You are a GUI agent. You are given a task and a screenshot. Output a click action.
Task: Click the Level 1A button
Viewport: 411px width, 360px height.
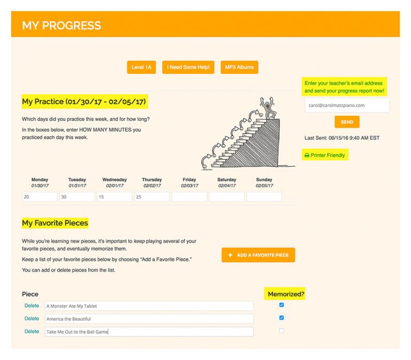[x=142, y=67]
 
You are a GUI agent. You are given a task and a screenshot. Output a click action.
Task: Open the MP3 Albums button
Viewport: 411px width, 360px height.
[x=239, y=67]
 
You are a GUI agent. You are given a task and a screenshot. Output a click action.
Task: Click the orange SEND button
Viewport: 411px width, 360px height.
[x=347, y=122]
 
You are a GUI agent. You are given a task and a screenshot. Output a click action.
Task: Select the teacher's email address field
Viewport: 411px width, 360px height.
[x=347, y=106]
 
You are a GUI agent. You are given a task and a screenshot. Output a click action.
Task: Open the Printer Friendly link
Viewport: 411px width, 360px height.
[x=325, y=155]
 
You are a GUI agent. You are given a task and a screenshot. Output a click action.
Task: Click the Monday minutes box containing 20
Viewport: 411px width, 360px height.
[x=40, y=197]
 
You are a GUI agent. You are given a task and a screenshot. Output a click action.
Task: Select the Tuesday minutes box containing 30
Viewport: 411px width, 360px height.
[x=77, y=197]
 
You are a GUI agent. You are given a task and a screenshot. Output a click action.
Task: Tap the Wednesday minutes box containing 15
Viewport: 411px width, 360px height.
[x=115, y=197]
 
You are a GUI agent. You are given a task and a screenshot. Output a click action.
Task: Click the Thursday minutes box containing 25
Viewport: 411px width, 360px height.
[x=152, y=197]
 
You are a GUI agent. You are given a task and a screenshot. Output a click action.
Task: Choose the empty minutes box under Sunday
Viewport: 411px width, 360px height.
[x=264, y=197]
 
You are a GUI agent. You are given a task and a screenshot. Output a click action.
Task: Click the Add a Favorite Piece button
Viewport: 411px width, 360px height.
[x=258, y=255]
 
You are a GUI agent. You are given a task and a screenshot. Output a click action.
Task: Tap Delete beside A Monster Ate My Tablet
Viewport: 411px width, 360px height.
[x=32, y=306]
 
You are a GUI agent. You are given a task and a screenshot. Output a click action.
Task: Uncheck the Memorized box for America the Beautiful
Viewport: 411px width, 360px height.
[x=281, y=318]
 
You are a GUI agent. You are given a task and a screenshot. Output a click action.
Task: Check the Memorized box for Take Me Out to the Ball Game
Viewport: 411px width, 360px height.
[x=281, y=331]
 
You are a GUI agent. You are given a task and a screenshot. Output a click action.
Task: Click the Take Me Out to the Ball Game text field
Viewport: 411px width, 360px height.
[x=149, y=332]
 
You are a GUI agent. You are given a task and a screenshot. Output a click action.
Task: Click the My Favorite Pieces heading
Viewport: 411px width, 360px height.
[x=55, y=223]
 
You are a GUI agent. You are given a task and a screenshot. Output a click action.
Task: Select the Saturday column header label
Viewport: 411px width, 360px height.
[x=227, y=180]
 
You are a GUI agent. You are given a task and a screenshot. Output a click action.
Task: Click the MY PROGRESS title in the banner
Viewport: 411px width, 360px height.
[x=62, y=25]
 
